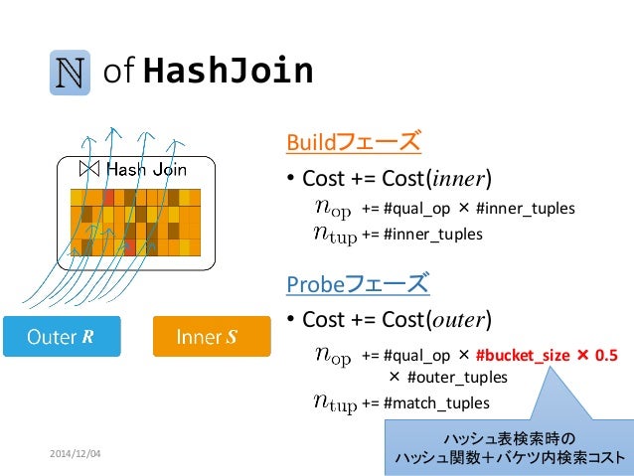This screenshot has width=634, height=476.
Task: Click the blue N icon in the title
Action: (70, 73)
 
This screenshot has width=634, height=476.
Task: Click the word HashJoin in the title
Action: (229, 71)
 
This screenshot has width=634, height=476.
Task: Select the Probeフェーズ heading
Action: (358, 285)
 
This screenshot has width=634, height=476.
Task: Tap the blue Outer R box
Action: (61, 337)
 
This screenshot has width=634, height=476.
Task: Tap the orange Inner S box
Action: (212, 337)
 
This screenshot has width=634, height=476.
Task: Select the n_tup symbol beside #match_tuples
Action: (334, 401)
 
